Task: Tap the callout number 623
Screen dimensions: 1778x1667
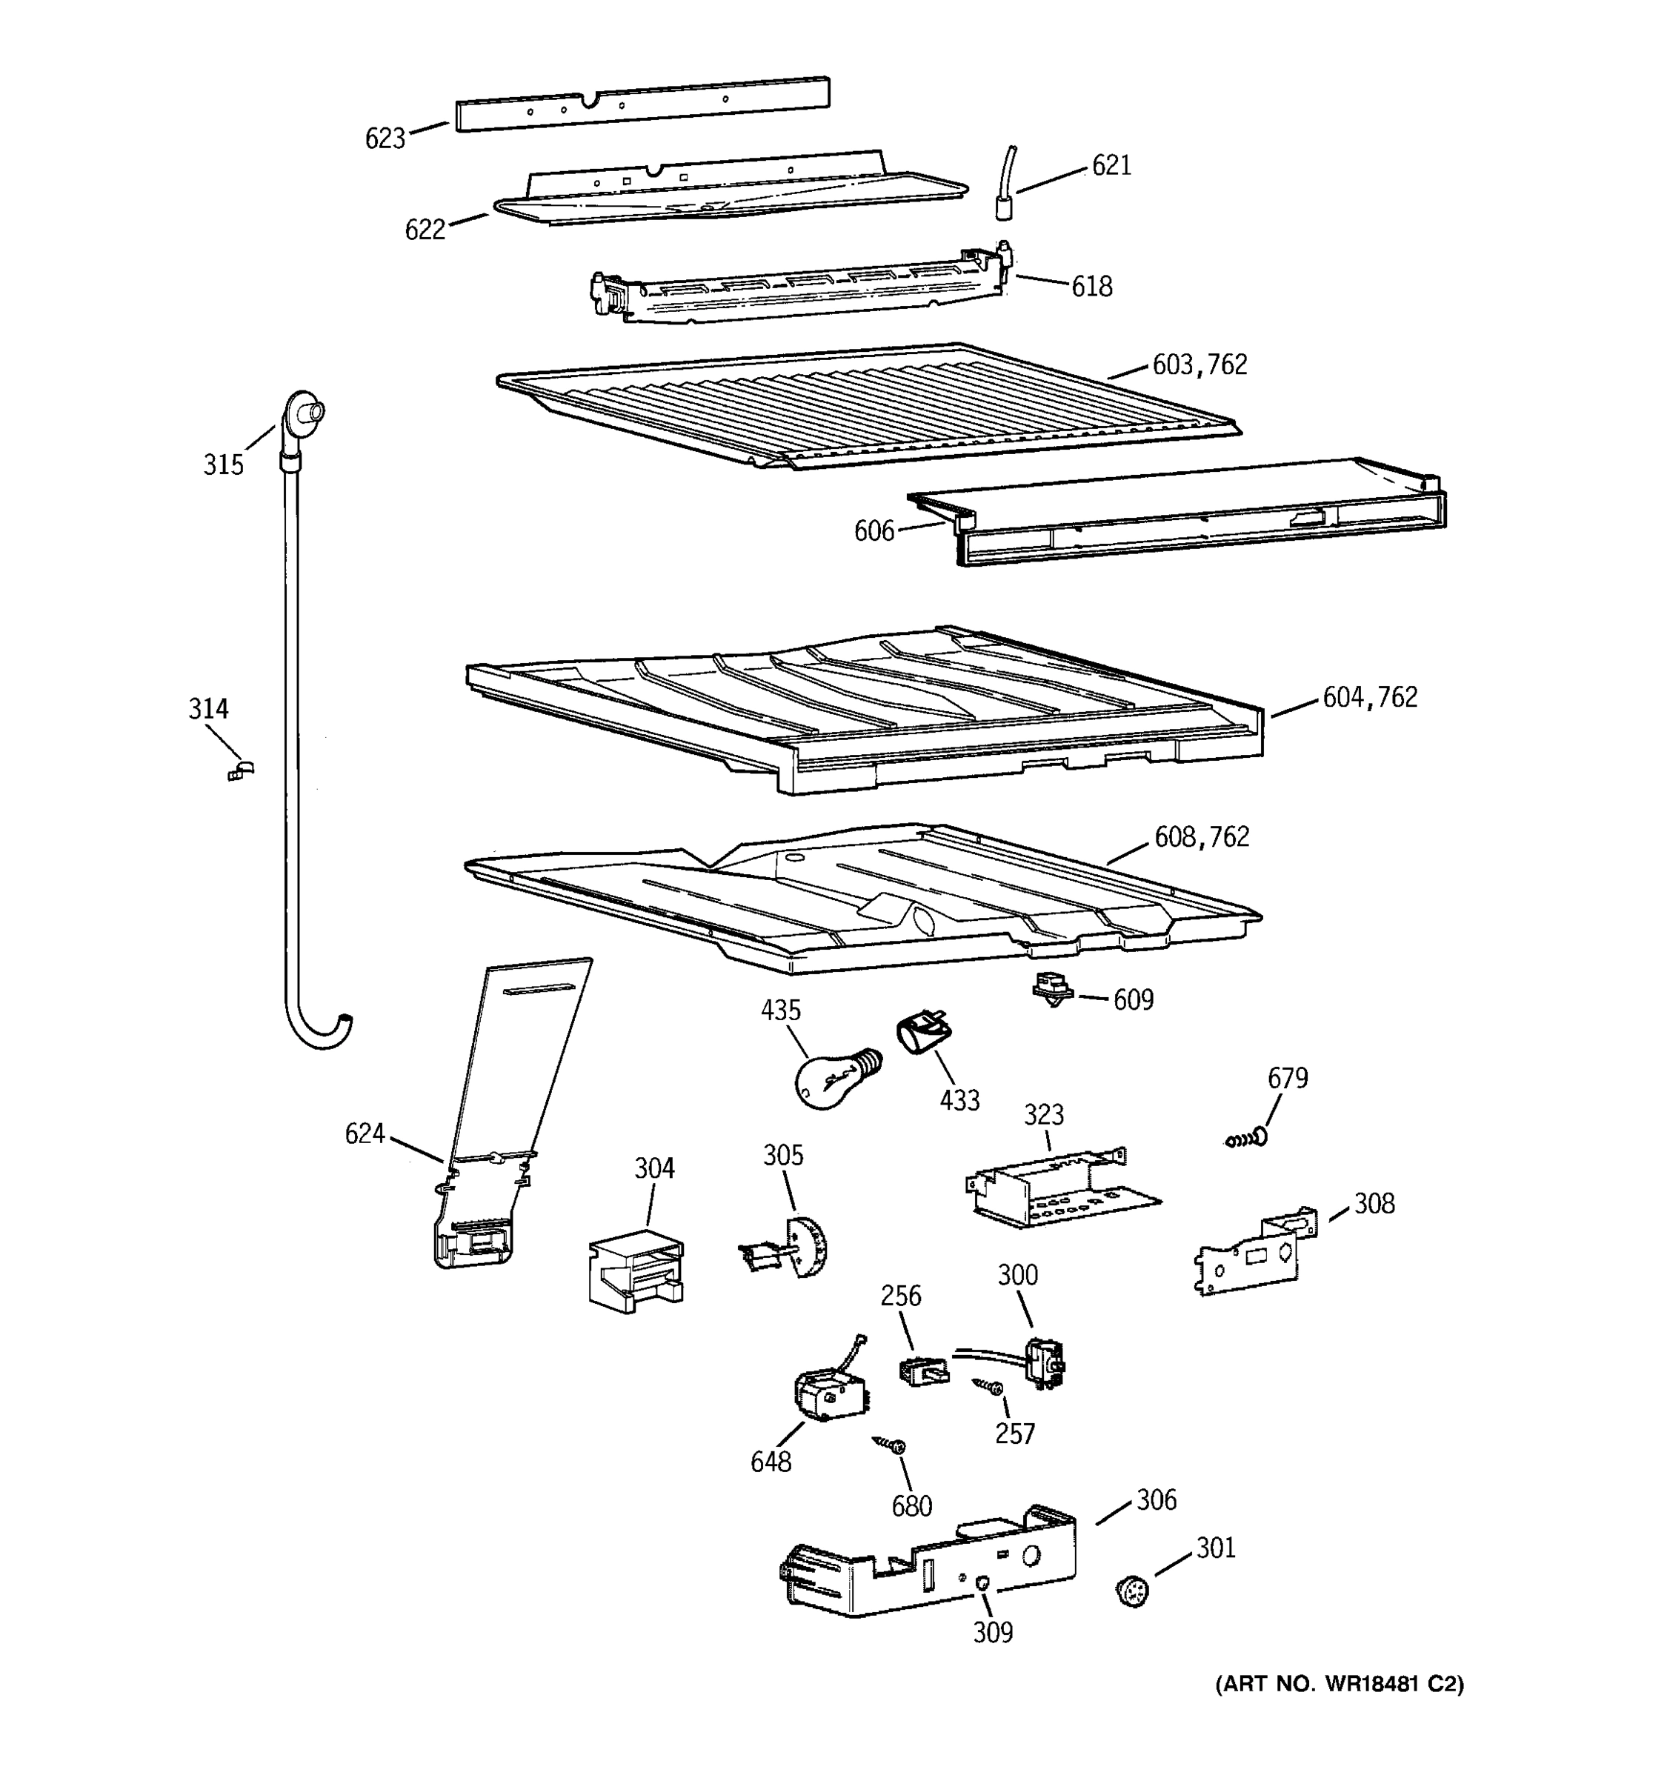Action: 385,139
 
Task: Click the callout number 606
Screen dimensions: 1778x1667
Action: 874,531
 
